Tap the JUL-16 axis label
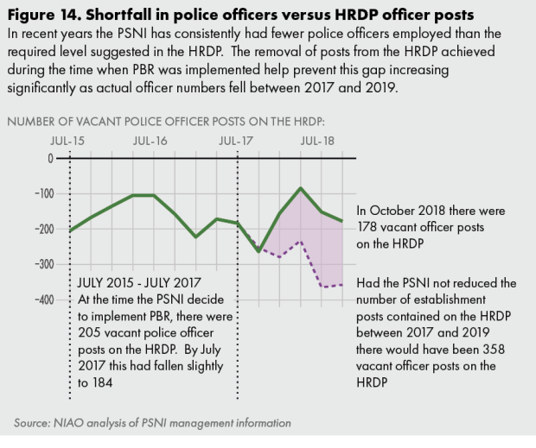tap(151, 140)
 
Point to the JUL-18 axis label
tap(318, 140)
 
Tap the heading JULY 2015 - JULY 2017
tap(139, 282)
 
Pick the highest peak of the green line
tap(300, 187)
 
